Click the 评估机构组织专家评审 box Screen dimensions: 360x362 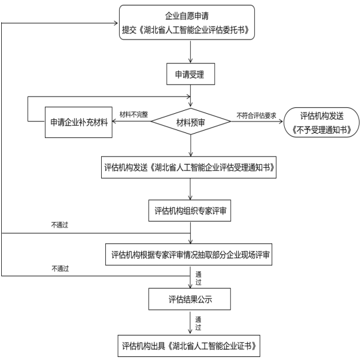[x=190, y=211]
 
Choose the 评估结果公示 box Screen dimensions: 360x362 [x=190, y=298]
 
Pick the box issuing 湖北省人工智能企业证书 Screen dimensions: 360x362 [x=190, y=346]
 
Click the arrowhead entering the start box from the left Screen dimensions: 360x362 [x=114, y=25]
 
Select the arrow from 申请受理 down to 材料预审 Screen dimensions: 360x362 [x=190, y=98]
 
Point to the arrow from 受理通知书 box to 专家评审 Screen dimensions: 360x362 [x=190, y=189]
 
